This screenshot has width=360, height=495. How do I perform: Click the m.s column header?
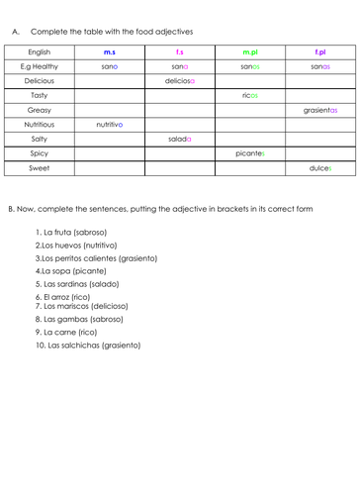click(109, 51)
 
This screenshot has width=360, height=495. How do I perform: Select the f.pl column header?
click(319, 51)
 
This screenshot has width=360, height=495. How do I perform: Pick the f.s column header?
click(179, 51)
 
